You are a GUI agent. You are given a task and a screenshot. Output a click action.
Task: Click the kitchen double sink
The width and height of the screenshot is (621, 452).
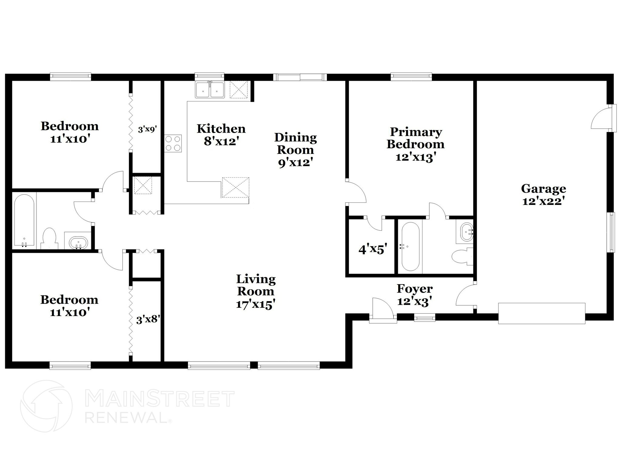pos(210,90)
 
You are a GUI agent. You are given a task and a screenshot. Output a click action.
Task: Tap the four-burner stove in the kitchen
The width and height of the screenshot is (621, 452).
pos(173,144)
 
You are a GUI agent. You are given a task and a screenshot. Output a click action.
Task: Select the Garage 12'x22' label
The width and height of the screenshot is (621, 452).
pos(543,195)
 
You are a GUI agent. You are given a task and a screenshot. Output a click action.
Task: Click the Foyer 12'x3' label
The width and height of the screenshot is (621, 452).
pos(415,295)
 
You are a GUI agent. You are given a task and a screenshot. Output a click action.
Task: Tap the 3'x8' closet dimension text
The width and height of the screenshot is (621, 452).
pos(148,320)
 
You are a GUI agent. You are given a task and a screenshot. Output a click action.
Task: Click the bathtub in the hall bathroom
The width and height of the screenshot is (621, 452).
pos(24,221)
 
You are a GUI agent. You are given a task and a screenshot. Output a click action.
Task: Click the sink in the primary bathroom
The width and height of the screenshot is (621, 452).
pos(466,233)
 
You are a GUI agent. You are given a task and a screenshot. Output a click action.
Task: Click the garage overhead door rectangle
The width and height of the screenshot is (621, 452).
pos(542,313)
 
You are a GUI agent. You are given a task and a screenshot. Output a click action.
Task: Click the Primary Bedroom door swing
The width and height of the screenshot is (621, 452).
pos(356,192)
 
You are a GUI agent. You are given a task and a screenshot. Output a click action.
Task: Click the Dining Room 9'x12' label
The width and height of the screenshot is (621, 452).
pos(295,150)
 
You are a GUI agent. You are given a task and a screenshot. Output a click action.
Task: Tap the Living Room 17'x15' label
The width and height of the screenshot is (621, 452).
pos(256,291)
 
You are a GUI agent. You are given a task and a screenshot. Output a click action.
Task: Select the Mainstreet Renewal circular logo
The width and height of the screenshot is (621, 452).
pos(46,406)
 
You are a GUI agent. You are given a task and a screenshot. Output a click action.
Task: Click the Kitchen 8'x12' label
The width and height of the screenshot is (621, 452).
pos(221,135)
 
